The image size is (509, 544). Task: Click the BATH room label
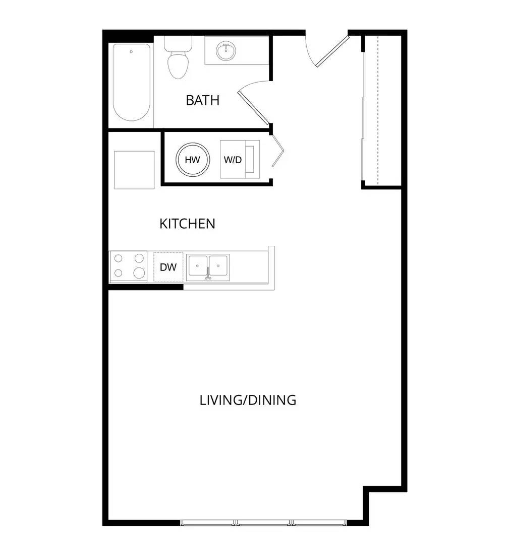(202, 100)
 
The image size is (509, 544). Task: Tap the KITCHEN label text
(187, 224)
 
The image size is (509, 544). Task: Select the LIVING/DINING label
(248, 400)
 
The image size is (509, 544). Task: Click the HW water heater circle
(192, 160)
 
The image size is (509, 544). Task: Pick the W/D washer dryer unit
(240, 160)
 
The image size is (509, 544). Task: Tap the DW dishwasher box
(168, 267)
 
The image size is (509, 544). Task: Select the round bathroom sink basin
(226, 51)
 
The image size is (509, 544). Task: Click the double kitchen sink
(208, 267)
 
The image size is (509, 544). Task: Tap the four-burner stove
(129, 266)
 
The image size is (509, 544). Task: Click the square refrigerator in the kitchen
(134, 170)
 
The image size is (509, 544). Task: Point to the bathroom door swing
(254, 102)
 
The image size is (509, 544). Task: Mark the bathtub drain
(131, 51)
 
